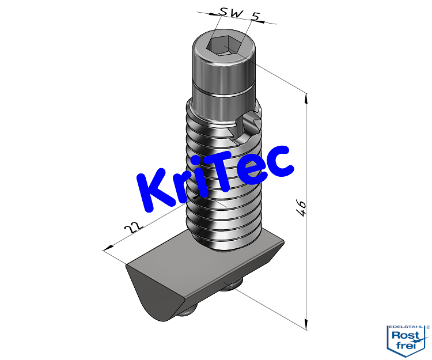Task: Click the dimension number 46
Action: pyautogui.click(x=300, y=208)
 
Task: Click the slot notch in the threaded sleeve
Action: pyautogui.click(x=248, y=124)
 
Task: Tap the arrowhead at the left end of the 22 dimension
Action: pyautogui.click(x=106, y=250)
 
